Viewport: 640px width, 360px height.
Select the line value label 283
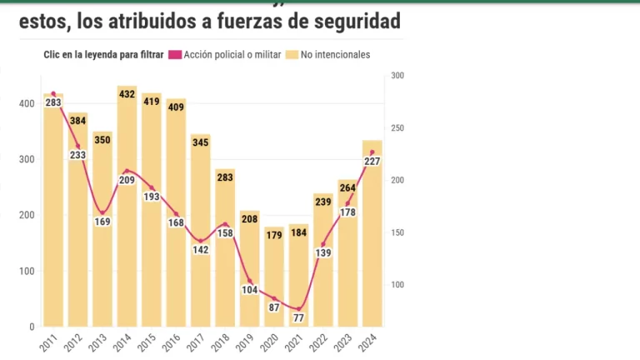coord(53,103)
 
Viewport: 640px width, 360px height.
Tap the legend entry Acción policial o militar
coord(223,55)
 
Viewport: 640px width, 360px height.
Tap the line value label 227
coord(372,162)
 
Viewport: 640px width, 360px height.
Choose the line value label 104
coord(250,290)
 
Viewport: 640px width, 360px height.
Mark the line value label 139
coord(323,252)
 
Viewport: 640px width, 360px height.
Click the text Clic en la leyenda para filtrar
coord(103,55)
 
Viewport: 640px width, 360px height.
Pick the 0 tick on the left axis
coord(32,327)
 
